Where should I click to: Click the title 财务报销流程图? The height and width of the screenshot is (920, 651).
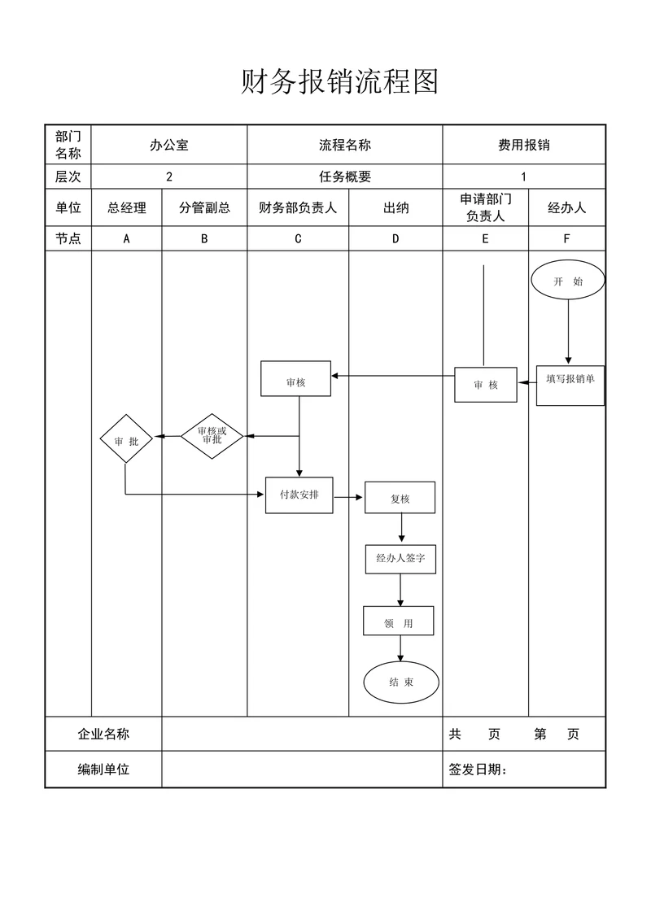tap(339, 82)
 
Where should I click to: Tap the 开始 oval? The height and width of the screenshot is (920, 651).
tap(568, 281)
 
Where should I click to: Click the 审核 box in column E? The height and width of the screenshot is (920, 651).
tap(486, 385)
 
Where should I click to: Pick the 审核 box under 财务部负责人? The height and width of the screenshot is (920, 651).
tap(295, 378)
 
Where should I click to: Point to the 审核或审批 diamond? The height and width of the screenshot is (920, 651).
tap(212, 436)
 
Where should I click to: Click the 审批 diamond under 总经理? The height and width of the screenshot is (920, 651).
tap(126, 440)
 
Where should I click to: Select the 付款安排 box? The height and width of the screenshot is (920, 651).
tap(299, 495)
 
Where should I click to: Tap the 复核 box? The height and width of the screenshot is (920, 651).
tap(400, 498)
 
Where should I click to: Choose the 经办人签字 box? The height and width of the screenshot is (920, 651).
tap(400, 559)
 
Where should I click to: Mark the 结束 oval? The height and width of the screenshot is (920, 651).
tap(400, 682)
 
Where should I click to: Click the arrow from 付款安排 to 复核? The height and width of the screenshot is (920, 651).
tap(348, 497)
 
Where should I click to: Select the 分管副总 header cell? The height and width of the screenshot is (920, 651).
tap(204, 207)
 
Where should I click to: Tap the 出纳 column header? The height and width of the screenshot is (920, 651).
tap(395, 207)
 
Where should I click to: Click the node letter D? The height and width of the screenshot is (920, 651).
tap(395, 238)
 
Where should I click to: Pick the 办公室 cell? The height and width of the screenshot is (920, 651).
tap(168, 145)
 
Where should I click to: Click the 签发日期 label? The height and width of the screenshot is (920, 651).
tap(478, 770)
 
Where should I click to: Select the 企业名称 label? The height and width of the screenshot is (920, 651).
tap(103, 734)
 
